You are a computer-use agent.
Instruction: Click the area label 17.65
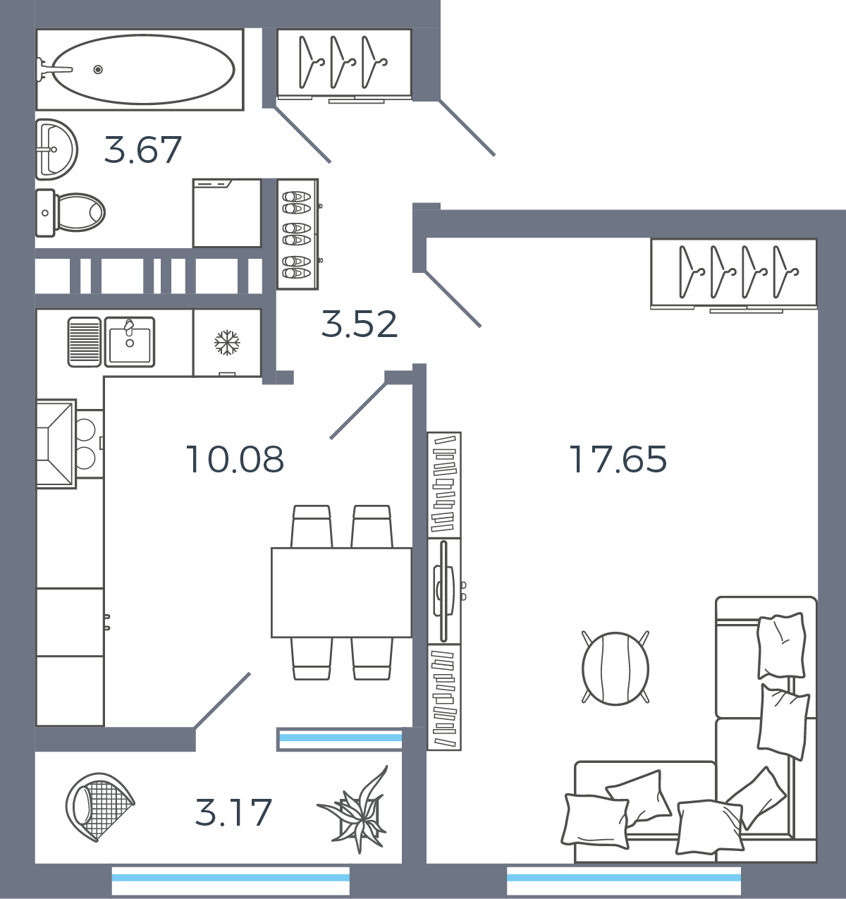coord(618,460)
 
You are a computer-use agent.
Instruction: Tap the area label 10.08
coord(235,460)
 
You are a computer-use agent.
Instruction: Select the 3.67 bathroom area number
coord(142,149)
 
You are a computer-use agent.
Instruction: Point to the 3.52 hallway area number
coord(360,324)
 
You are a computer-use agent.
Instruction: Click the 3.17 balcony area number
coord(233,825)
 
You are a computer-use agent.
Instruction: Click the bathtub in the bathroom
coord(140,69)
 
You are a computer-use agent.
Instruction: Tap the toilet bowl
coord(70,212)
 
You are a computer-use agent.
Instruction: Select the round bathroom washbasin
coord(56,149)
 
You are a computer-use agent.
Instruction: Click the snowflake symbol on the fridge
coord(227,342)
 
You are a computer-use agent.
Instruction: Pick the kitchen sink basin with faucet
coord(130,341)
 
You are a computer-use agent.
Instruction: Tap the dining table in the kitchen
coord(341,592)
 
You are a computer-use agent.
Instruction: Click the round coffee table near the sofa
coord(615,668)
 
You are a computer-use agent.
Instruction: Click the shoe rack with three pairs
coord(298,234)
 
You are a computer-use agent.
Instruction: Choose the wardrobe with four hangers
coord(734,273)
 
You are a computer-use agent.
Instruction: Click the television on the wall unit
coord(444,591)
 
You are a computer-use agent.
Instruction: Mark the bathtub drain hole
coord(98,69)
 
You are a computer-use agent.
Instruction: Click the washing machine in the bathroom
coord(227,213)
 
